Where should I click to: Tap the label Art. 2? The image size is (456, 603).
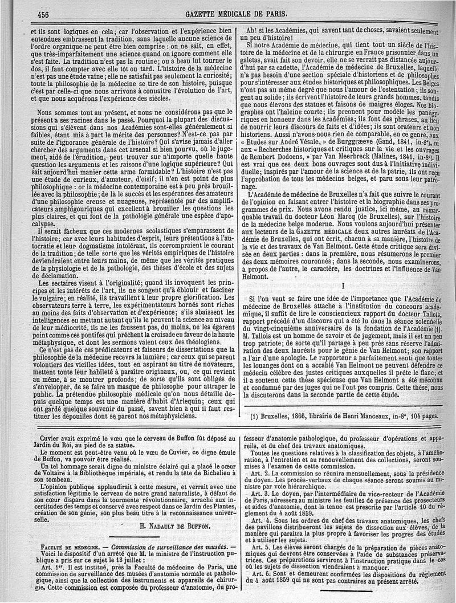pos(263,473)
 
